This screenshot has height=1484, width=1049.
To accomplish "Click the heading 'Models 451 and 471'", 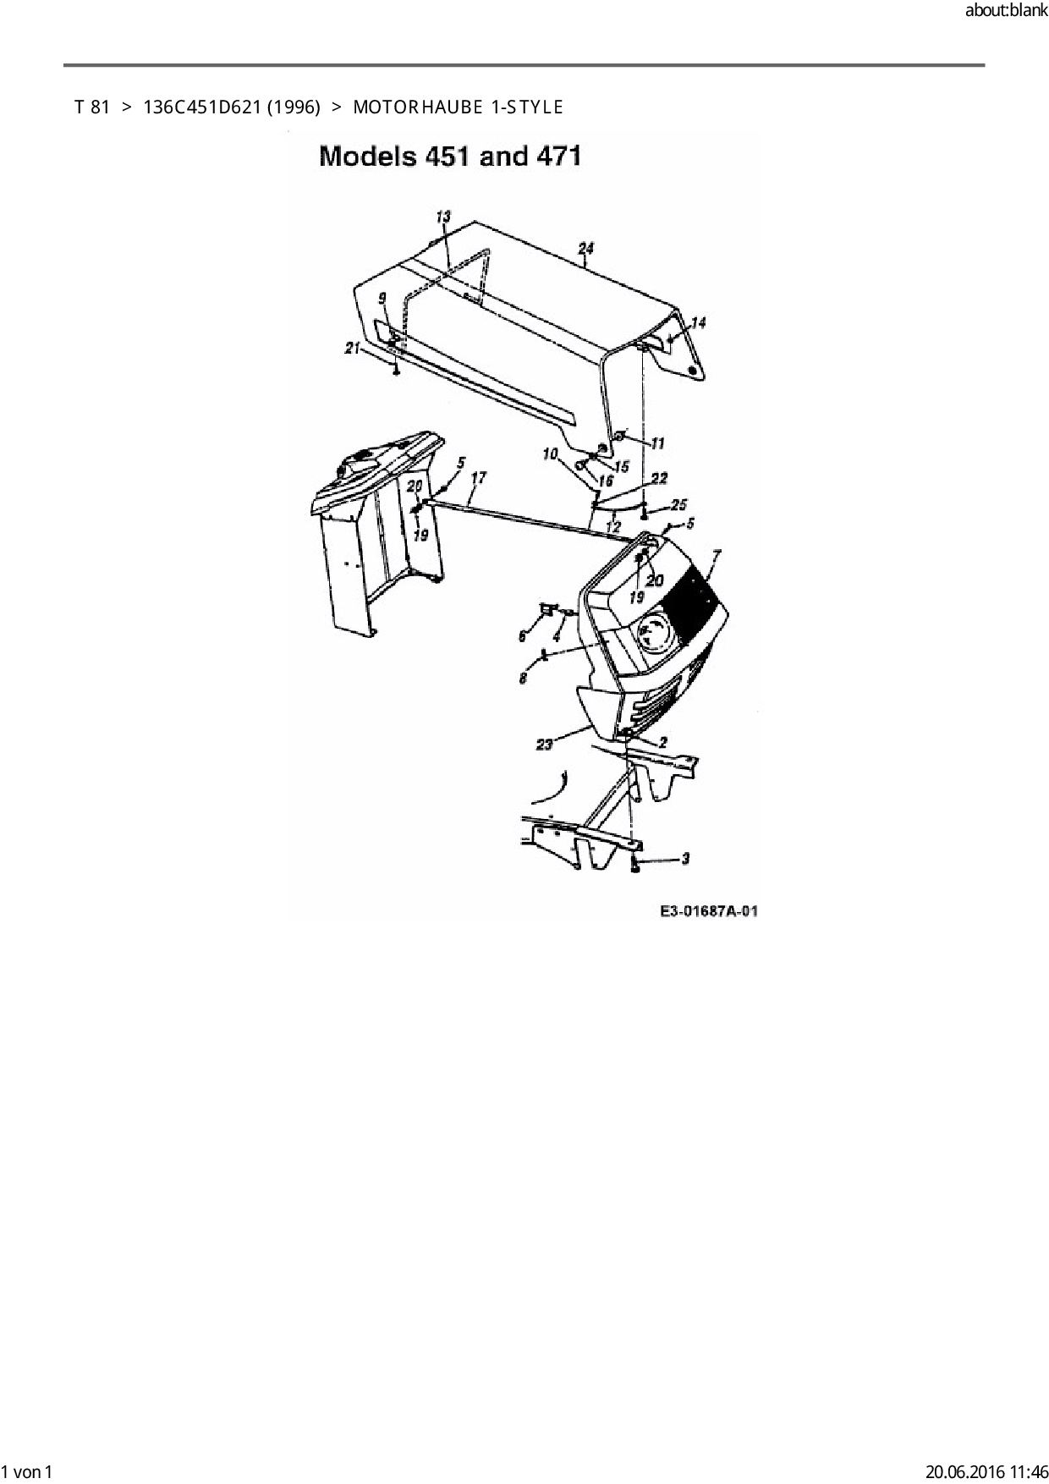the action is coord(449,157).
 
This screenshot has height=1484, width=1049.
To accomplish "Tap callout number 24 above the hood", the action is coord(585,248).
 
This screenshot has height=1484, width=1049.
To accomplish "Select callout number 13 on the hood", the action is coord(443,217).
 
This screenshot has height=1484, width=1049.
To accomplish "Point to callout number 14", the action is coord(698,322).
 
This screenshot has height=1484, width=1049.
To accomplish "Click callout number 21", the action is coord(352,348).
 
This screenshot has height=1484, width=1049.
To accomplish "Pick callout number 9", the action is coord(382,298).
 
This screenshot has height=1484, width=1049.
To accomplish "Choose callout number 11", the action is coord(657,443).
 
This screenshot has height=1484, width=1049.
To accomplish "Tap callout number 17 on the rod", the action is coord(478,478).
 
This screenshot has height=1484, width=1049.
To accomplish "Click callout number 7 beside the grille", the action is coord(717,556).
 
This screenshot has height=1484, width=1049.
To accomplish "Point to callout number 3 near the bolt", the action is coord(684,859).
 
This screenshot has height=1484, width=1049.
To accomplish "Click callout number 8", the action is coord(524,678).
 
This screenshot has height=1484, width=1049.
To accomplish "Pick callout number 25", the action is coord(678,505).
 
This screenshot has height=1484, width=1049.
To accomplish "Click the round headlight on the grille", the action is coord(652,631).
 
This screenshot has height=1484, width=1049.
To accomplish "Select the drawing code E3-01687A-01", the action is coord(709,911).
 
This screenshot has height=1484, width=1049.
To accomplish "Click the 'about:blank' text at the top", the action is coord(1006,11).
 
